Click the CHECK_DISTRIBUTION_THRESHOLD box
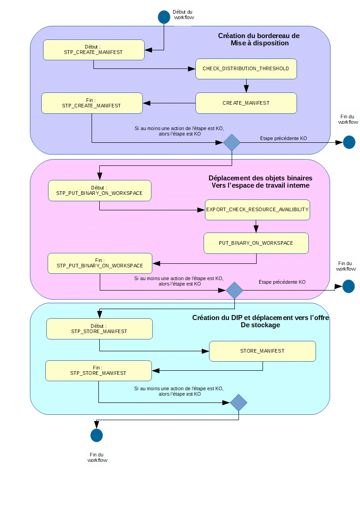[246, 69]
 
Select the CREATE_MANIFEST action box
[246, 103]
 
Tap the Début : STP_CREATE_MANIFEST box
[93, 49]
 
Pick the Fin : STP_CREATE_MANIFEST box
[92, 103]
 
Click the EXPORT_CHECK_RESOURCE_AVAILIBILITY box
[257, 210]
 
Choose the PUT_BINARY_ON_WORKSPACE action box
[256, 243]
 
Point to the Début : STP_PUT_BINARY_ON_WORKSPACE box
[99, 190]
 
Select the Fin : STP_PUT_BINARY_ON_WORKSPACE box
[100, 263]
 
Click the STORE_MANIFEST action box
[262, 351]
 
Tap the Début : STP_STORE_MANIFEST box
[99, 329]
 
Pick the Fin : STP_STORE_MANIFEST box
[98, 370]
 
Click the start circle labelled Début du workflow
[164, 17]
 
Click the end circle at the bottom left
[97, 435]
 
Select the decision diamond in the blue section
[232, 142]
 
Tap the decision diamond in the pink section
[234, 290]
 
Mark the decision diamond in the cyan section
[238, 402]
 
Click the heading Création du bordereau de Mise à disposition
[259, 39]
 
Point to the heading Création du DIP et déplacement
[260, 321]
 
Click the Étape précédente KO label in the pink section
[282, 282]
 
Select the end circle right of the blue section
[349, 142]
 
